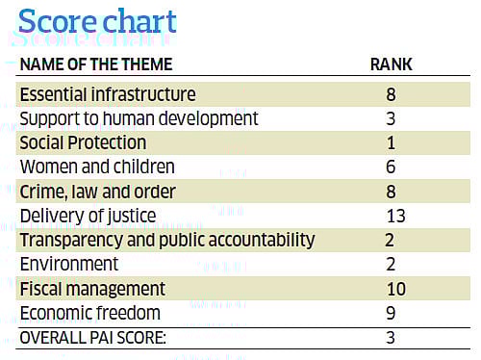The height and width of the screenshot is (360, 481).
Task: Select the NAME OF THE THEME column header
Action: click(96, 65)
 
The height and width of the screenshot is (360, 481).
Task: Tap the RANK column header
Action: click(392, 65)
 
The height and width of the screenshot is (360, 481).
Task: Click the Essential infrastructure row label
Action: click(108, 94)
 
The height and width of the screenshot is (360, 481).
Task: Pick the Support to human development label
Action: click(139, 118)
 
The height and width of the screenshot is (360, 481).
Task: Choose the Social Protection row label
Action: click(84, 142)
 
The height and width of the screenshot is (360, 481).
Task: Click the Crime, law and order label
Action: click(99, 191)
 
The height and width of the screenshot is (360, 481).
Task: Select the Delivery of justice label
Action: click(87, 215)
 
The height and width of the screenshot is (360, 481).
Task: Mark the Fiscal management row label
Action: click(93, 289)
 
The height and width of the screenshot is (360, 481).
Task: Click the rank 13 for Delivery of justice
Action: click(393, 215)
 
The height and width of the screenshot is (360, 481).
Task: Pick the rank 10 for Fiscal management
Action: click(394, 289)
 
